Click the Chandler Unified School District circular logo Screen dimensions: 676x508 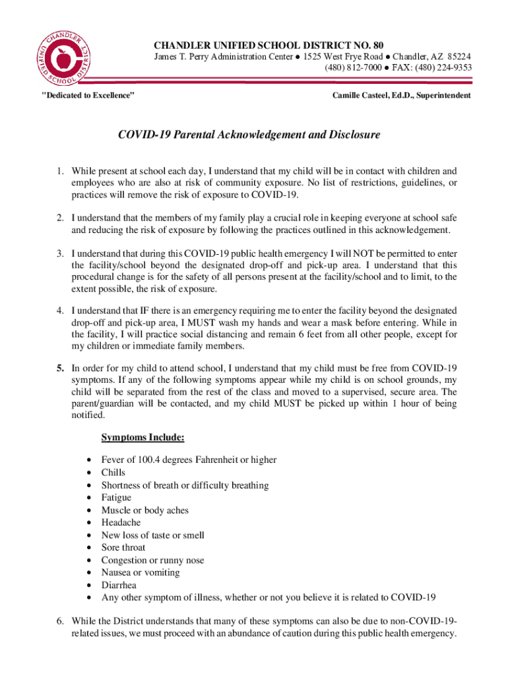pos(65,57)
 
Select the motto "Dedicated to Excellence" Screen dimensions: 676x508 pos(88,96)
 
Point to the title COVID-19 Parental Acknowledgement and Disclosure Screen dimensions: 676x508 pos(249,135)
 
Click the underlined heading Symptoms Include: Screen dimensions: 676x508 pos(143,438)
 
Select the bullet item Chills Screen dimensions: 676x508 pos(113,473)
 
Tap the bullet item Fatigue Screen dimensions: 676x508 pos(116,498)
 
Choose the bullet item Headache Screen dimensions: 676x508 pos(121,523)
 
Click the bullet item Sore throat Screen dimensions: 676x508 pos(123,547)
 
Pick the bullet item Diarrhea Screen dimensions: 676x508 pos(119,585)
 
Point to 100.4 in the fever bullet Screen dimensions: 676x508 pos(145,460)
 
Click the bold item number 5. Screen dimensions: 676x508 pos(59,368)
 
